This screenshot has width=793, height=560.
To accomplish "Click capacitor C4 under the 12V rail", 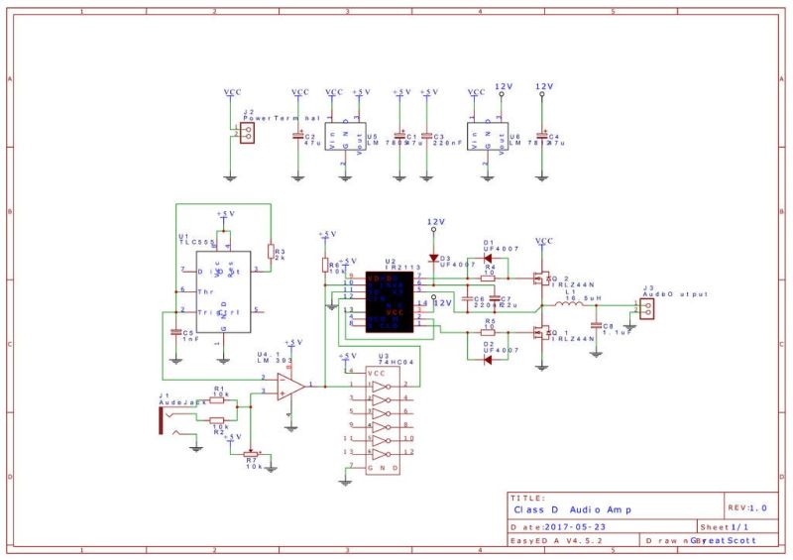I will pyautogui.click(x=541, y=136).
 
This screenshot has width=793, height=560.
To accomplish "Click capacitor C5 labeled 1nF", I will pyautogui.click(x=175, y=333).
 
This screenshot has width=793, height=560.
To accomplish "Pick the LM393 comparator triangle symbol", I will pyautogui.click(x=290, y=386).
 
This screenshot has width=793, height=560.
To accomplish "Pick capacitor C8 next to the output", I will pyautogui.click(x=596, y=325).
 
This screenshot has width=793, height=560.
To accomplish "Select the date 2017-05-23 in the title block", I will pyautogui.click(x=574, y=526).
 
